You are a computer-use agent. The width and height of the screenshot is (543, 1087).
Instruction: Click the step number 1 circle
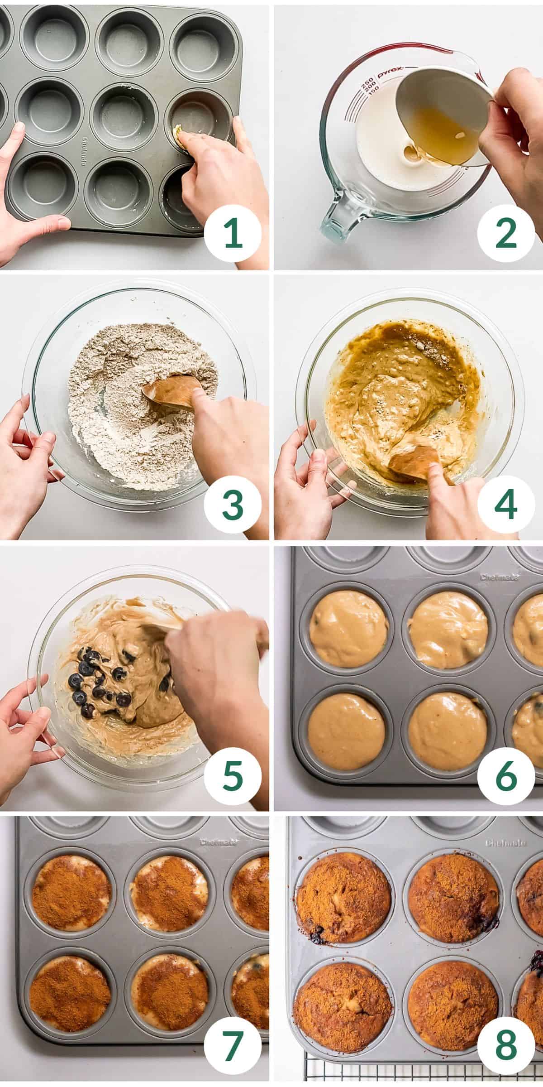click(233, 234)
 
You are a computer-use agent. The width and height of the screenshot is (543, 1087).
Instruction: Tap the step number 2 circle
click(506, 234)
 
